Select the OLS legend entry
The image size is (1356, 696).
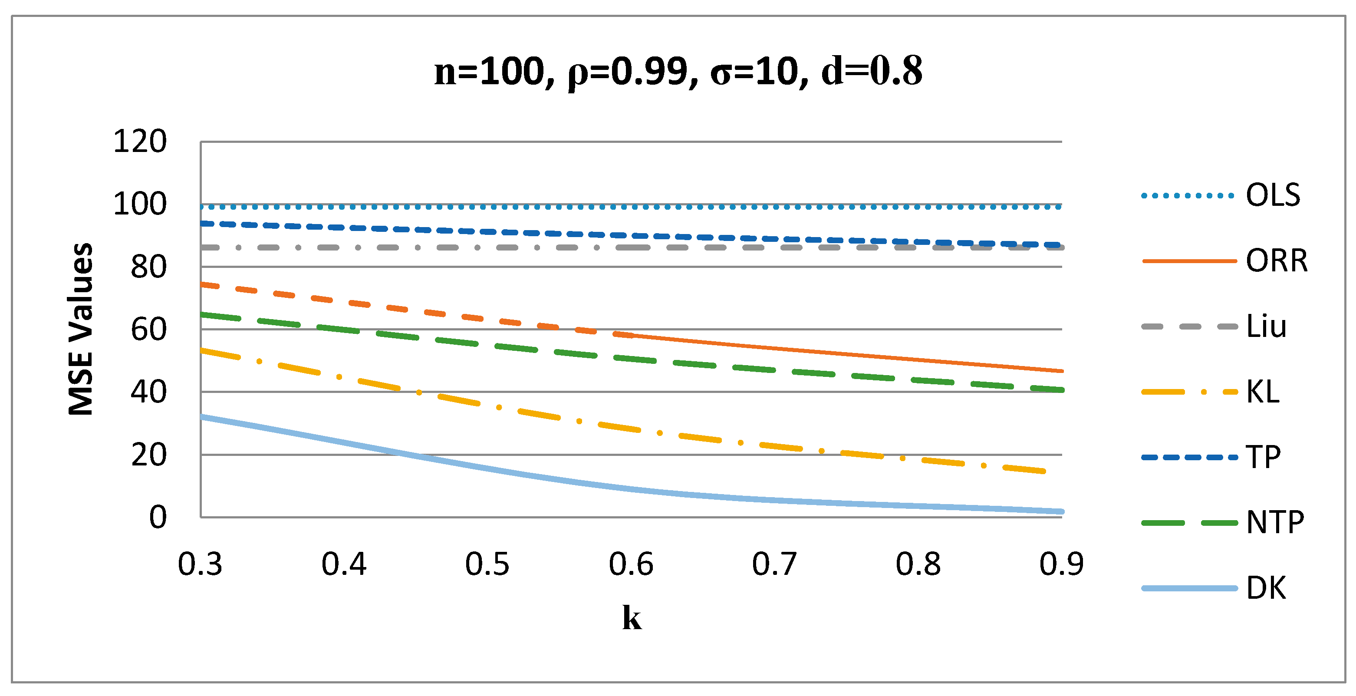(1272, 195)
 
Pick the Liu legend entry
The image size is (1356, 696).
(1266, 326)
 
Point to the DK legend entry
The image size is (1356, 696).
(1266, 587)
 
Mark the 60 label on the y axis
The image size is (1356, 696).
(148, 330)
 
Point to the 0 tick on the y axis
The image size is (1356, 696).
(158, 517)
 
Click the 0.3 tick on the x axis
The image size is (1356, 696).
(200, 564)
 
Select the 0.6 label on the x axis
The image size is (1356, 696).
(631, 564)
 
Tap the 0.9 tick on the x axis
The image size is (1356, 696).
(1061, 564)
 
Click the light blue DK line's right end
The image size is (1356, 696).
(1061, 511)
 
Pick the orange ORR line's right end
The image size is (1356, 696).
(1061, 371)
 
